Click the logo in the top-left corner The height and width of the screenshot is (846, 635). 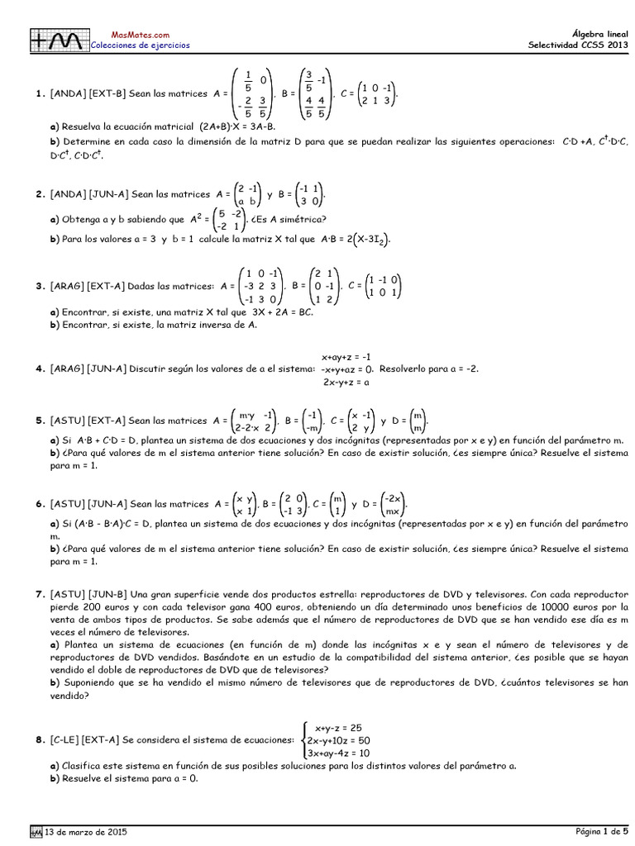point(57,40)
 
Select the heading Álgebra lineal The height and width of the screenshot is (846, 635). point(599,34)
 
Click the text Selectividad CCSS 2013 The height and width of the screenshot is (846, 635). point(578,45)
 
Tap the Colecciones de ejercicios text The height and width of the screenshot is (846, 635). point(140,45)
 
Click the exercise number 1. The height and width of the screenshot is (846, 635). point(39,94)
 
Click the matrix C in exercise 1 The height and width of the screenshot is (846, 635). point(379,94)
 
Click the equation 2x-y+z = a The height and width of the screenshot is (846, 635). point(346,382)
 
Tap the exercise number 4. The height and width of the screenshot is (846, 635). point(39,369)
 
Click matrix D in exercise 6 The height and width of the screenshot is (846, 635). point(394,504)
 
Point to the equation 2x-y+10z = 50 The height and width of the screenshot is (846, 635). point(338,740)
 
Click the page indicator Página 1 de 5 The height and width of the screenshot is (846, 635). point(602,830)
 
